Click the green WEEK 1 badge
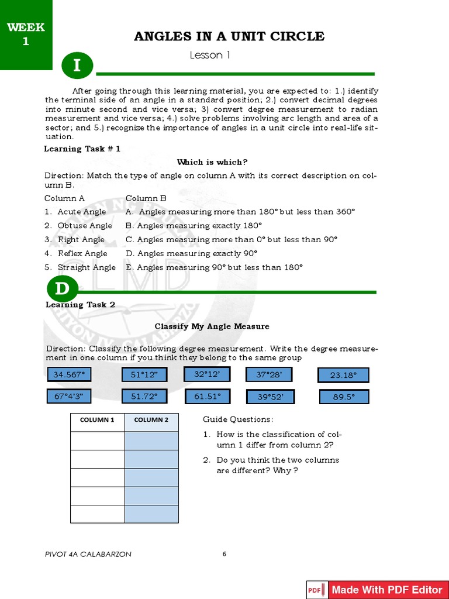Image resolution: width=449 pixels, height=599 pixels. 26,35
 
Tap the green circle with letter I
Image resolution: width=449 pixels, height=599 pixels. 77,67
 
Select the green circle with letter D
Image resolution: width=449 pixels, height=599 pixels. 62,289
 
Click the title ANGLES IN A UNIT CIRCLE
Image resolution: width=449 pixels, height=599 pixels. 229,36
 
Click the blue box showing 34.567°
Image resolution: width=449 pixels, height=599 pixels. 69,374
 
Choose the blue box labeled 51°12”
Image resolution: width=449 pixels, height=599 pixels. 144,374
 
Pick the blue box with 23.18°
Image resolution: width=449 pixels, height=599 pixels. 343,375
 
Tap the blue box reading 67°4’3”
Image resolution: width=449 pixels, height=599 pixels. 69,397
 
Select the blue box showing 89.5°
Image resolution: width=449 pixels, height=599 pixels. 344,397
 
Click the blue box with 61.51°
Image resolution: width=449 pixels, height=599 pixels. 208,397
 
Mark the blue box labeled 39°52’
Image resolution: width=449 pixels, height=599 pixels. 270,397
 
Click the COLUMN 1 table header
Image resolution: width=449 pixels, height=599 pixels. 97,419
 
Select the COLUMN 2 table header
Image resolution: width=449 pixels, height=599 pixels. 151,419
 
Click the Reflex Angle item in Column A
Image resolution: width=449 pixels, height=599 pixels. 82,253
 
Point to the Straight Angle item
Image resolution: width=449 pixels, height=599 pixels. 87,267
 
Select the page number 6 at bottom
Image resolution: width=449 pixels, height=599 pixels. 224,554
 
